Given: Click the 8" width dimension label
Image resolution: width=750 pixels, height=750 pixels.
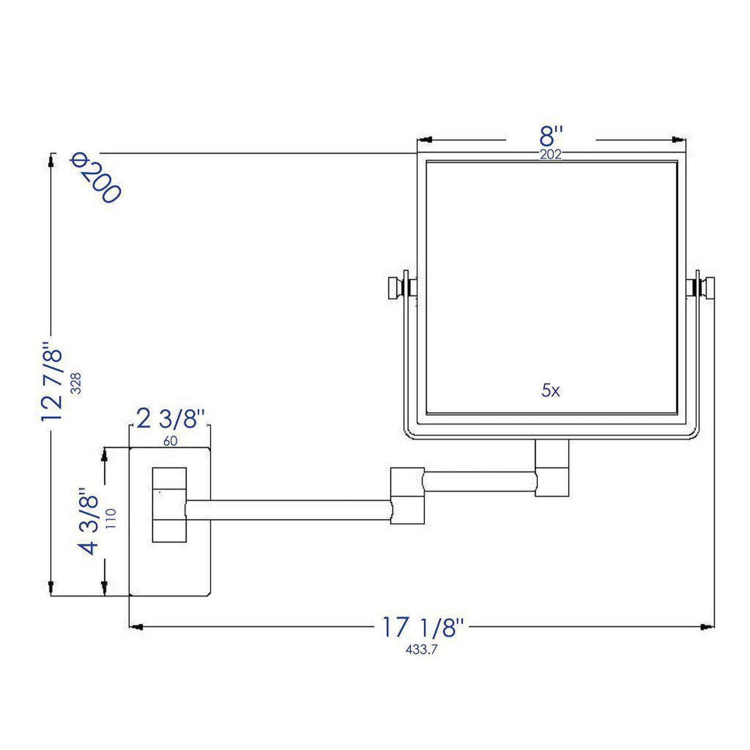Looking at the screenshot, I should [550, 138].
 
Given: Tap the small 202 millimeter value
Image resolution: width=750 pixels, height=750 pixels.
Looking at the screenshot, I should [550, 155].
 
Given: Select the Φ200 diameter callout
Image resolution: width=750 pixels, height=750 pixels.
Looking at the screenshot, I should [96, 178].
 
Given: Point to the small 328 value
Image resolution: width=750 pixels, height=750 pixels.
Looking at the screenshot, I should [76, 383].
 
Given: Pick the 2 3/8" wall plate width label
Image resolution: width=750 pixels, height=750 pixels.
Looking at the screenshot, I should [167, 419].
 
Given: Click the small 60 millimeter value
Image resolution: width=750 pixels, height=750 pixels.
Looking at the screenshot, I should [170, 441].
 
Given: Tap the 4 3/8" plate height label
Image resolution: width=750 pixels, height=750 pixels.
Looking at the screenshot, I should [89, 521].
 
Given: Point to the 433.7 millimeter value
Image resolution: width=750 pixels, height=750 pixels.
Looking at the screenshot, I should [421, 649].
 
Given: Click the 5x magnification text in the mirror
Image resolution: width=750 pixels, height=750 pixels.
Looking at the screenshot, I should [551, 391].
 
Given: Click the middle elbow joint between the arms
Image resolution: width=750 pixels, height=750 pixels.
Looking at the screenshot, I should [407, 496].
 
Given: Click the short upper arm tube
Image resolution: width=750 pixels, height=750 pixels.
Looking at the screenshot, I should [480, 481].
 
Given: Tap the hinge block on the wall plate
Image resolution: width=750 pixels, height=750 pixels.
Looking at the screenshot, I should [169, 504].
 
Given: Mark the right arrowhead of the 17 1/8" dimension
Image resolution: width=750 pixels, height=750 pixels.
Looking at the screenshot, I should [706, 627].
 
